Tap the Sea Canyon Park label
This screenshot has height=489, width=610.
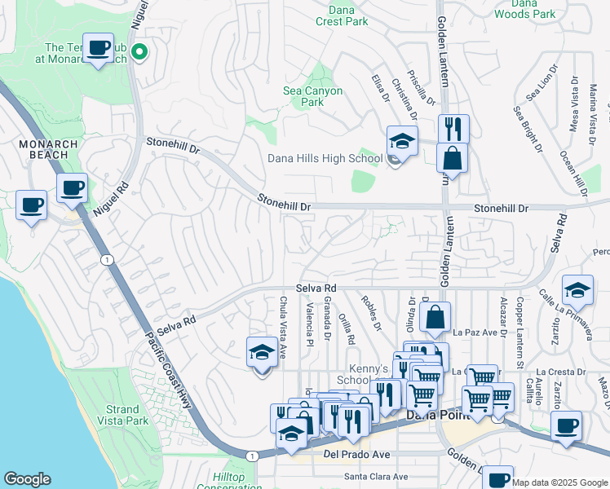pos(312,97)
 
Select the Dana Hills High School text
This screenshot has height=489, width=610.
pos(325,158)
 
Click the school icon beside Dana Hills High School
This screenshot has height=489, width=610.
pos(402,141)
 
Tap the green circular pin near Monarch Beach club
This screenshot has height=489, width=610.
pos(139,53)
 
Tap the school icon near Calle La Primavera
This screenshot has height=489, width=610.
pos(577,291)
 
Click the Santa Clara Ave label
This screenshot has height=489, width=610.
pos(375,477)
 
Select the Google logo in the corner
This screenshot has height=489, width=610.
pos(27,479)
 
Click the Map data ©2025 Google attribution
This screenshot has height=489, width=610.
pos(559,482)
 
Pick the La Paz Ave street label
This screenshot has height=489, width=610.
pos(474,333)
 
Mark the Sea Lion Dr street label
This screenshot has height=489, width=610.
pos(540,85)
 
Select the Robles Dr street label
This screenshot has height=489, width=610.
pos(372,313)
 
